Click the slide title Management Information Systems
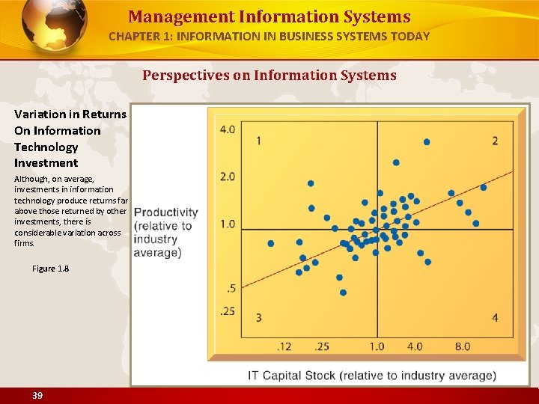click(x=269, y=16)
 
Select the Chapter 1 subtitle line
click(x=269, y=36)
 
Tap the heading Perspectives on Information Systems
click(x=269, y=75)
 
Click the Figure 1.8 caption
click(x=51, y=269)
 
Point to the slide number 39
click(x=37, y=395)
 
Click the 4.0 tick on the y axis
click(x=228, y=129)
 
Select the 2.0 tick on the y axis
click(x=228, y=177)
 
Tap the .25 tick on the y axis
click(x=228, y=311)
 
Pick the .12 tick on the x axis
click(x=284, y=346)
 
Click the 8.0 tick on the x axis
click(x=463, y=346)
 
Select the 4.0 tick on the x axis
click(x=415, y=346)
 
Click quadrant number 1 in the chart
click(x=259, y=141)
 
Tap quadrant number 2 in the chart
click(x=495, y=141)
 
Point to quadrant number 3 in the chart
click(x=259, y=318)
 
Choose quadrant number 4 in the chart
click(x=495, y=318)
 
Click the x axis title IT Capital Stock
click(x=372, y=376)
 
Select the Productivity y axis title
click(x=165, y=233)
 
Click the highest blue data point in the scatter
click(x=427, y=141)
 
